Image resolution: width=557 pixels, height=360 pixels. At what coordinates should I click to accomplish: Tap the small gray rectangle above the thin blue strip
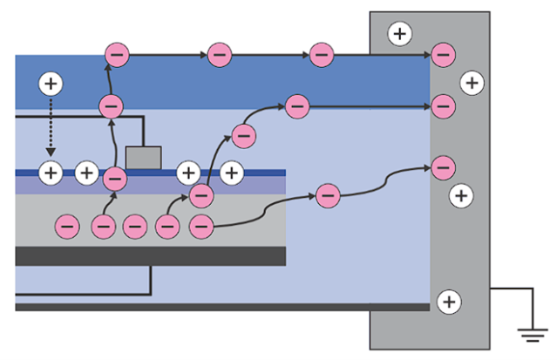click(x=143, y=158)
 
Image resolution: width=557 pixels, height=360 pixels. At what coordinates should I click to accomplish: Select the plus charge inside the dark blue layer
click(x=51, y=84)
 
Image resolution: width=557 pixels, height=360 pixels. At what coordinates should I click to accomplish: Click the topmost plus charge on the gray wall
click(x=399, y=34)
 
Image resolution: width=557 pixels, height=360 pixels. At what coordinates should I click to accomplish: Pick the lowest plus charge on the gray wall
click(x=448, y=302)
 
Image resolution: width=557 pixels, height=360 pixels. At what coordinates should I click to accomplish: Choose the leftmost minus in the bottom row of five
click(x=68, y=227)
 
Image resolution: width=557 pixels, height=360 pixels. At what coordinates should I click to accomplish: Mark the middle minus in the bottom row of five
click(x=134, y=227)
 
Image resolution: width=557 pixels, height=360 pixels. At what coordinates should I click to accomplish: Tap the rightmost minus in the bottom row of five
click(x=202, y=227)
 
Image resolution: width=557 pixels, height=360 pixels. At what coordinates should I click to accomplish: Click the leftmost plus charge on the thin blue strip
click(x=51, y=172)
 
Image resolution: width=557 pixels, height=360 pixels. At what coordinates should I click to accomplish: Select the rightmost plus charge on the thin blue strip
click(x=231, y=172)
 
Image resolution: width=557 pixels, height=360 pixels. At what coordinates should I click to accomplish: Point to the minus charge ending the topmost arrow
click(x=443, y=55)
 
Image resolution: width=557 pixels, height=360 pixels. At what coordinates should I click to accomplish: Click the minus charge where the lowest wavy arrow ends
click(x=443, y=165)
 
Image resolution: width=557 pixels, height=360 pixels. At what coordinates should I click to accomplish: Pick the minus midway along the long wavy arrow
click(x=327, y=195)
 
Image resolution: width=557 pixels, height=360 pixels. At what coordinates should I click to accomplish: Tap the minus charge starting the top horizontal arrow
click(x=117, y=55)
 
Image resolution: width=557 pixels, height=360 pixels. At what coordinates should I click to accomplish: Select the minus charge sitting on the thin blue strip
click(x=115, y=178)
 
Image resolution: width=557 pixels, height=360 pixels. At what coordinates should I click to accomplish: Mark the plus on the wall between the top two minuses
click(x=471, y=83)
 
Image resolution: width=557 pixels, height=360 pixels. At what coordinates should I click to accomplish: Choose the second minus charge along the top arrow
click(x=218, y=55)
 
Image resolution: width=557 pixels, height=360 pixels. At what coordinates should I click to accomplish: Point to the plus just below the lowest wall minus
click(x=461, y=194)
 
